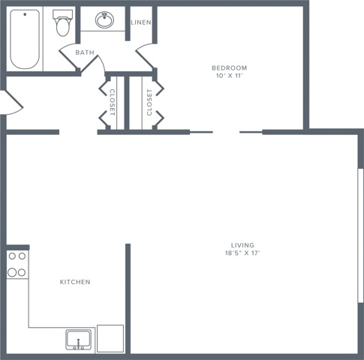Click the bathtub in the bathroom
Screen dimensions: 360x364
[25, 38]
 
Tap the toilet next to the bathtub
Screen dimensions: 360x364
[62, 25]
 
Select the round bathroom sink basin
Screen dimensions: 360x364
[105, 20]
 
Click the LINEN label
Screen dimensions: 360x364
[141, 22]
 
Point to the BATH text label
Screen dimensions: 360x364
[85, 52]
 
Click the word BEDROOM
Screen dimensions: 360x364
[229, 68]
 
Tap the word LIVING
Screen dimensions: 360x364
[242, 245]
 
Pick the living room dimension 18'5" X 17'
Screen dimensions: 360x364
[242, 253]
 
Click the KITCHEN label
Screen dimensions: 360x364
[75, 282]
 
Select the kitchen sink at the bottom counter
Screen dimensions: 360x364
[78, 339]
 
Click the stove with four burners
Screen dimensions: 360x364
[17, 264]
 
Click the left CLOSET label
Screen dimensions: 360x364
[113, 101]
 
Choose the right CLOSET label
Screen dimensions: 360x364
[149, 101]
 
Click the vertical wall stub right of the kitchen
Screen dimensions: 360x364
[128, 296]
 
